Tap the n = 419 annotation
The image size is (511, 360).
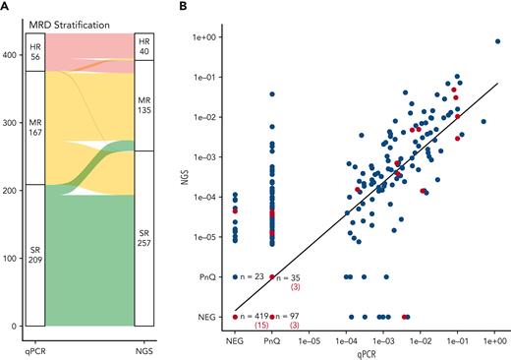click(x=255, y=316)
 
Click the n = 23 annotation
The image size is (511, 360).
click(x=254, y=277)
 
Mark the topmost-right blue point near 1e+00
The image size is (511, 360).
click(x=497, y=42)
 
